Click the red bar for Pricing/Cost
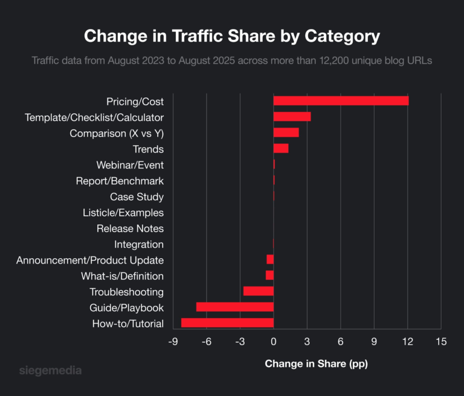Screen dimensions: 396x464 click(341, 101)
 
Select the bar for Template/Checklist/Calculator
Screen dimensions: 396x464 click(292, 117)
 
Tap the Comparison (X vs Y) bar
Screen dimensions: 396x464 click(286, 132)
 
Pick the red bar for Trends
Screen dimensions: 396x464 click(281, 149)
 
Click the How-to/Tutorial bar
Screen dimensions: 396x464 click(227, 323)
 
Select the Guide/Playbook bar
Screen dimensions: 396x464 click(234, 307)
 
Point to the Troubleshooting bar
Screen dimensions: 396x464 click(258, 291)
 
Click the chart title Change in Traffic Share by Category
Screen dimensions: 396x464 click(232, 36)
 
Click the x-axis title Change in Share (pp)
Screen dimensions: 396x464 click(316, 364)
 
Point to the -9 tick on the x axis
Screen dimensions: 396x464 click(173, 342)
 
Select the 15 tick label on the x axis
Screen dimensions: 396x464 click(440, 342)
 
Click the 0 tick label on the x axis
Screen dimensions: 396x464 click(274, 342)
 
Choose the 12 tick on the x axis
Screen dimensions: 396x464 click(407, 342)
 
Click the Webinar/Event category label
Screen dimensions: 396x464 click(129, 165)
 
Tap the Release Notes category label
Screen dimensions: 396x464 click(129, 229)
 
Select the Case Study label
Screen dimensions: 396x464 click(137, 196)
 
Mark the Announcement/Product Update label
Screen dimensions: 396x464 click(90, 260)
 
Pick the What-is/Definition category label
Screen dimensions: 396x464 click(122, 276)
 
